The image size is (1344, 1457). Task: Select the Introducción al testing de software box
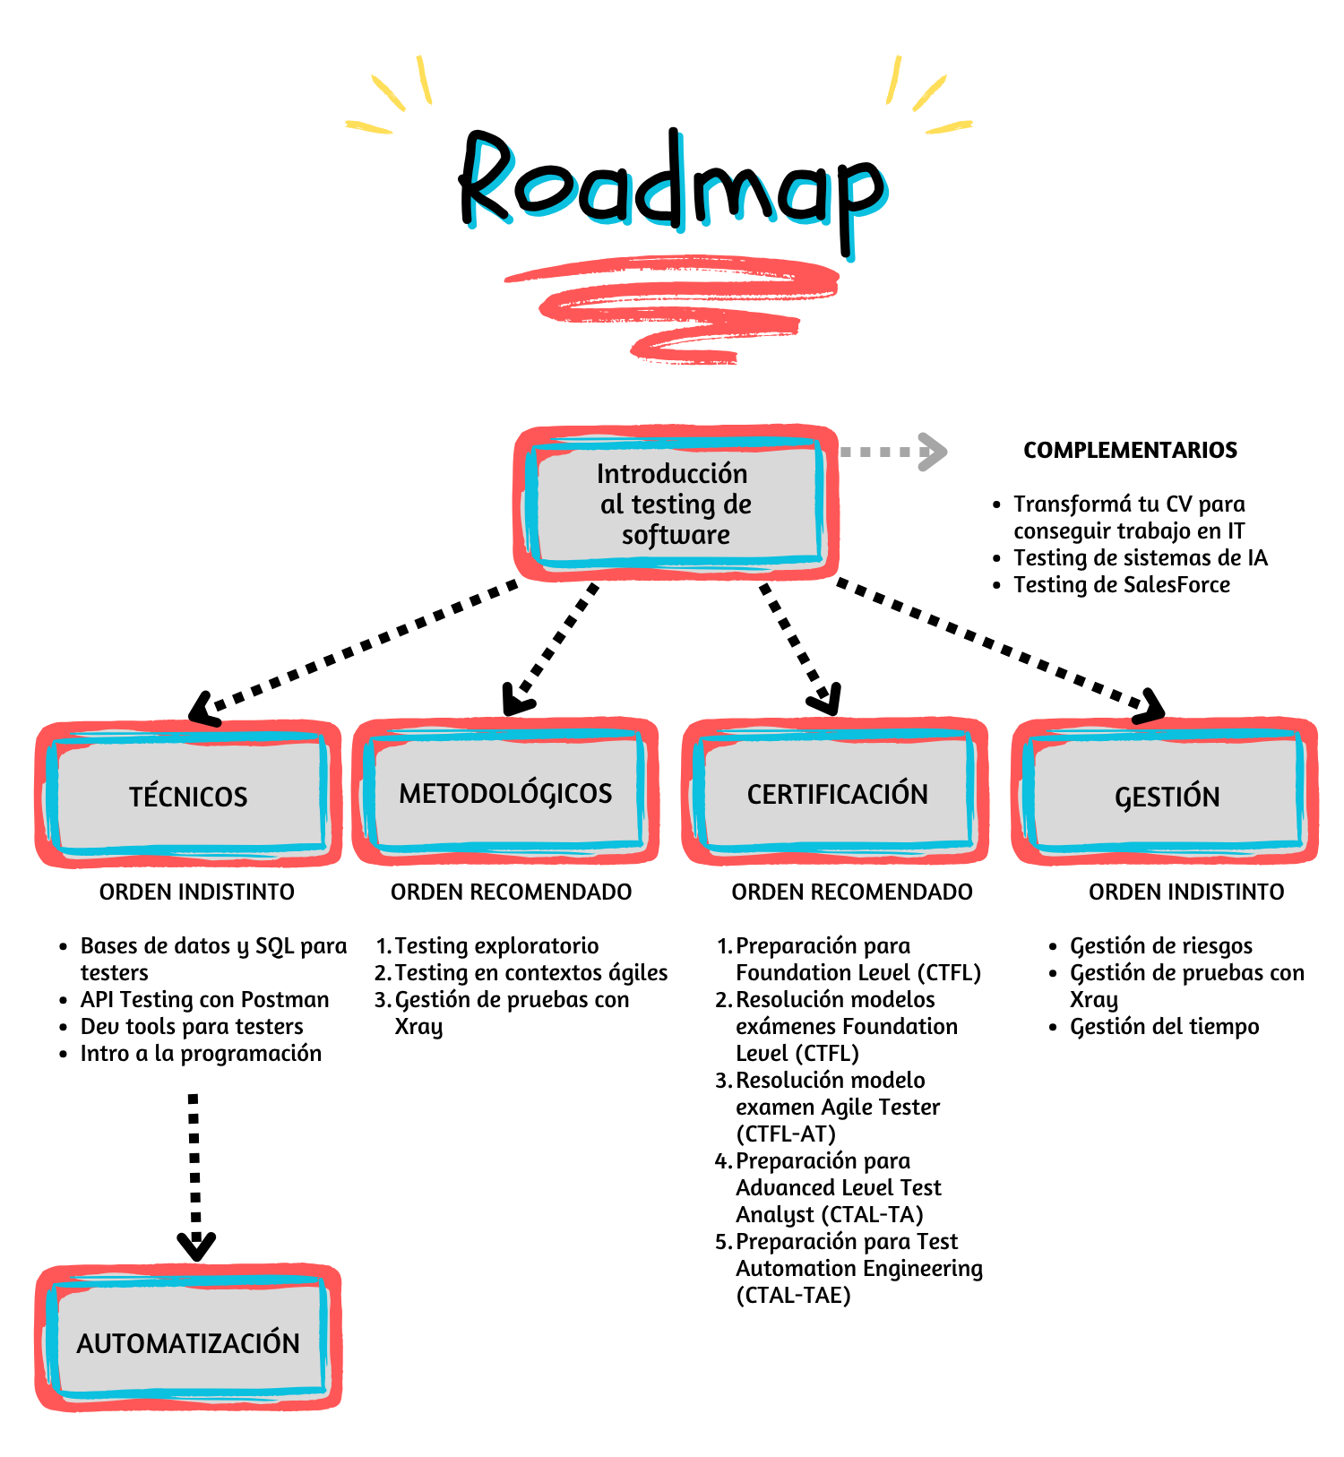pyautogui.click(x=676, y=504)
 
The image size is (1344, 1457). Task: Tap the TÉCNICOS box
pyautogui.click(x=188, y=795)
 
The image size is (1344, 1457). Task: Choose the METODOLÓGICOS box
pyautogui.click(x=505, y=792)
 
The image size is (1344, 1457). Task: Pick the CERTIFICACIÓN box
pyautogui.click(x=836, y=793)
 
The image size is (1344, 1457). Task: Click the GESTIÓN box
pyautogui.click(x=1166, y=795)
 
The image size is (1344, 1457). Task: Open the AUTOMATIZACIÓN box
pyautogui.click(x=188, y=1341)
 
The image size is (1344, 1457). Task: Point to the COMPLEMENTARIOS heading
pyautogui.click(x=1130, y=450)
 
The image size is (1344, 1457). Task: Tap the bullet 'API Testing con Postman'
pyautogui.click(x=204, y=999)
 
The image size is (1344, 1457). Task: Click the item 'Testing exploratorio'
pyautogui.click(x=496, y=945)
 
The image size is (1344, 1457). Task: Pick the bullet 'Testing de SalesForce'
pyautogui.click(x=1121, y=584)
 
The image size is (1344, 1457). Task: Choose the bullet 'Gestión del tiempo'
pyautogui.click(x=1164, y=1026)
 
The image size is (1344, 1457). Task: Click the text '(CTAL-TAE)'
pyautogui.click(x=793, y=1295)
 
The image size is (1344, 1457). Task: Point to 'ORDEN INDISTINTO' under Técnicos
pyautogui.click(x=196, y=892)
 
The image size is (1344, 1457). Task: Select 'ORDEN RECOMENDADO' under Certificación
pyautogui.click(x=851, y=892)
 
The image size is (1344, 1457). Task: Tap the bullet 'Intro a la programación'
pyautogui.click(x=201, y=1053)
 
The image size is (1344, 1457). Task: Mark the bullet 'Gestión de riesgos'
pyautogui.click(x=1160, y=945)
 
